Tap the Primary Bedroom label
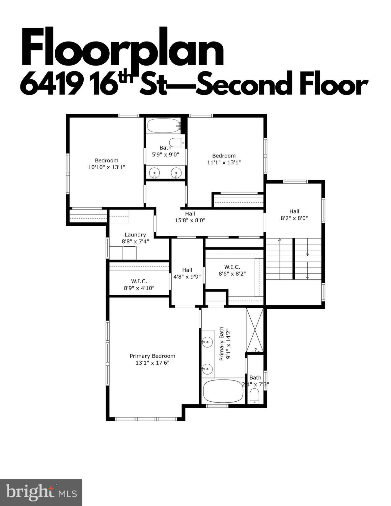pyautogui.click(x=152, y=356)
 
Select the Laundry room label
pyautogui.click(x=135, y=235)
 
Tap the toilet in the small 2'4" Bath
pyautogui.click(x=255, y=396)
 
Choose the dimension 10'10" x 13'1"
pyautogui.click(x=106, y=167)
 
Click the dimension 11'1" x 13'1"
pyautogui.click(x=224, y=162)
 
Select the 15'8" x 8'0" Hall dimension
pyautogui.click(x=190, y=220)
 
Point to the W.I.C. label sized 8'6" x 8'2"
pyautogui.click(x=232, y=267)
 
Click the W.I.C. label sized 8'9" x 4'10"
pyautogui.click(x=139, y=281)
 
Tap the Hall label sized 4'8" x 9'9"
pyautogui.click(x=187, y=270)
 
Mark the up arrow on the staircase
pyautogui.click(x=279, y=240)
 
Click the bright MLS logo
pyautogui.click(x=41, y=492)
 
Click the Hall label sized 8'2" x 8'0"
pyautogui.click(x=294, y=211)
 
